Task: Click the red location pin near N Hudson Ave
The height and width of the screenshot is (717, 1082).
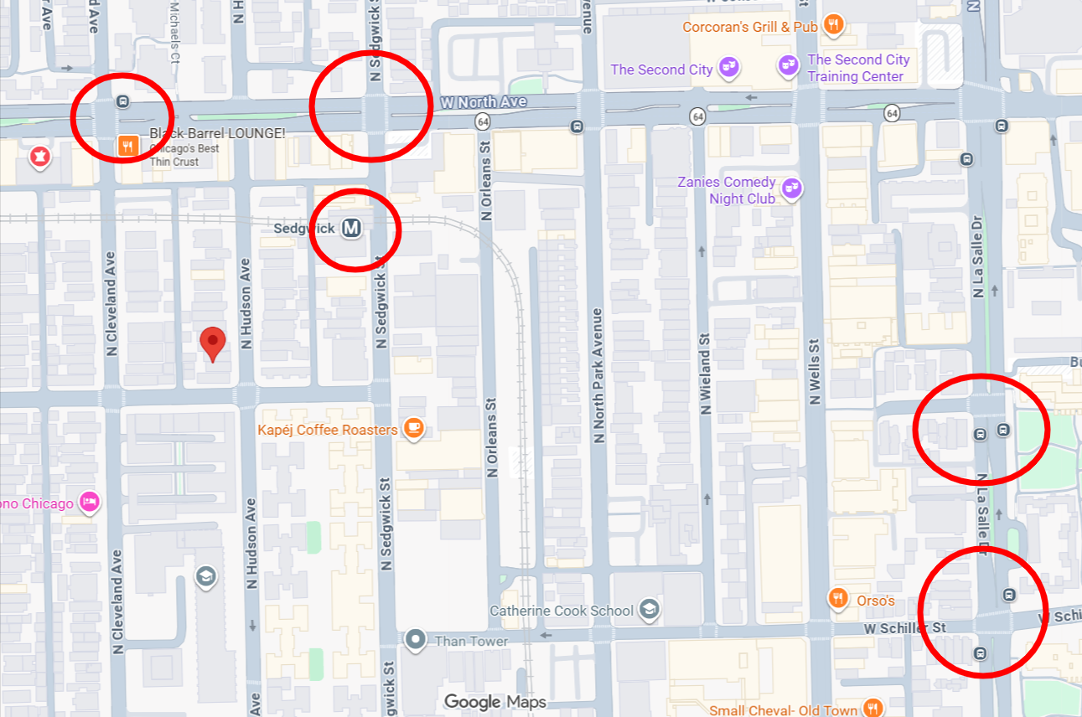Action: click(x=213, y=343)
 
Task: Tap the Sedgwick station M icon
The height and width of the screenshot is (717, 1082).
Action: click(x=351, y=228)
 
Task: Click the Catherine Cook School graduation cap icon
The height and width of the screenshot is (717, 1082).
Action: click(x=649, y=609)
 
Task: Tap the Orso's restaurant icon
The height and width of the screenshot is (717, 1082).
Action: click(x=837, y=599)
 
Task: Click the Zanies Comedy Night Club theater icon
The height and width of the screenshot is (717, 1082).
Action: click(x=790, y=189)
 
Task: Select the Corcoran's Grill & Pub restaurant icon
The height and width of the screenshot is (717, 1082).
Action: click(x=832, y=25)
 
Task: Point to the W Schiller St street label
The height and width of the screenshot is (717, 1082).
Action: click(x=905, y=627)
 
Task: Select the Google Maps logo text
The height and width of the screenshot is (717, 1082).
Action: click(x=494, y=702)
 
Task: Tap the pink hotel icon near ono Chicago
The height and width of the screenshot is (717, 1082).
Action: click(x=89, y=503)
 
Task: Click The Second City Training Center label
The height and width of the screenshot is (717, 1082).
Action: click(x=857, y=68)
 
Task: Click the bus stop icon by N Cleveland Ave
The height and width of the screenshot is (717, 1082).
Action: click(x=123, y=102)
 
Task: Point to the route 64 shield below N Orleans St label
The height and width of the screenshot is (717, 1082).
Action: click(x=482, y=121)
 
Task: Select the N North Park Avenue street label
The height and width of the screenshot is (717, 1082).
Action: click(x=598, y=375)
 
